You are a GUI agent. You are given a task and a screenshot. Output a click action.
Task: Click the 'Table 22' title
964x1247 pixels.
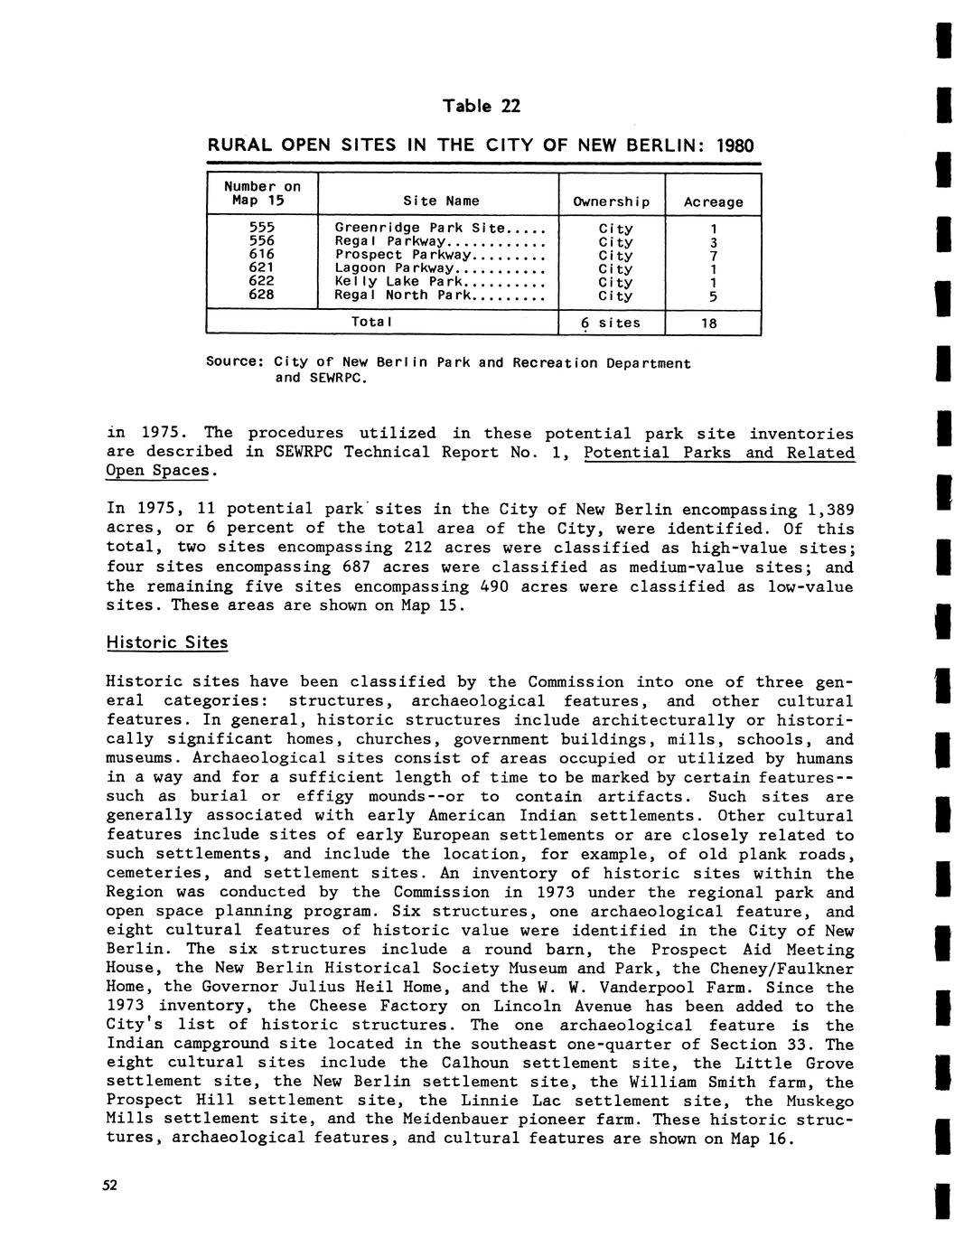coord(482,107)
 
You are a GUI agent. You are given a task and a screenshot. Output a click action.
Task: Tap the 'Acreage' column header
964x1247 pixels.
coord(713,202)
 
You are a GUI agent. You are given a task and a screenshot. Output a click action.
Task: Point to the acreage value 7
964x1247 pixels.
coord(713,256)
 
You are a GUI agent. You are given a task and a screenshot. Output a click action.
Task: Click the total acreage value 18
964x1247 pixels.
coord(713,323)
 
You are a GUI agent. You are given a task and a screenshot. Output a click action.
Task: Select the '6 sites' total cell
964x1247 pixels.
coord(611,323)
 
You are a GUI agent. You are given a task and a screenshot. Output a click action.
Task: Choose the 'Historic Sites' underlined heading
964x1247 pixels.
coord(167,642)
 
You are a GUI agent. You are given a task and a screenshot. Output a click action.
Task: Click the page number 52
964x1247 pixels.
coord(109,1186)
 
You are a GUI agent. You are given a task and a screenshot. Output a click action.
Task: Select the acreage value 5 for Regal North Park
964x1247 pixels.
coord(713,295)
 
